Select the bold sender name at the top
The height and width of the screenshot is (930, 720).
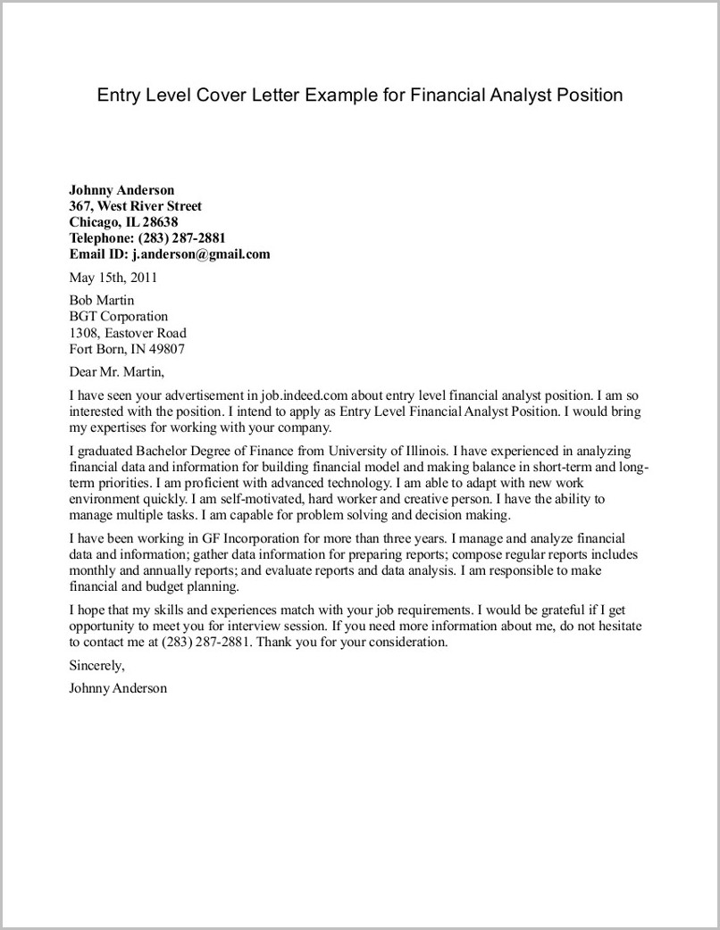coord(121,190)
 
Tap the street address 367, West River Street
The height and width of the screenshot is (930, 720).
coord(136,206)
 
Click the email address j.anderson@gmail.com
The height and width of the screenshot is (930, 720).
coord(201,254)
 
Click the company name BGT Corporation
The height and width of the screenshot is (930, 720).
coord(118,317)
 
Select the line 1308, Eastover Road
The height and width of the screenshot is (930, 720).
coord(128,333)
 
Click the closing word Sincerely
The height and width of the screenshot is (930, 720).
coord(96,665)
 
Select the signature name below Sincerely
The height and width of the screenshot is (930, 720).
coord(117,688)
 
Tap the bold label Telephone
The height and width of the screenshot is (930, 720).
coord(101,238)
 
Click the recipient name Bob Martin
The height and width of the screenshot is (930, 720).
coord(101,301)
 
